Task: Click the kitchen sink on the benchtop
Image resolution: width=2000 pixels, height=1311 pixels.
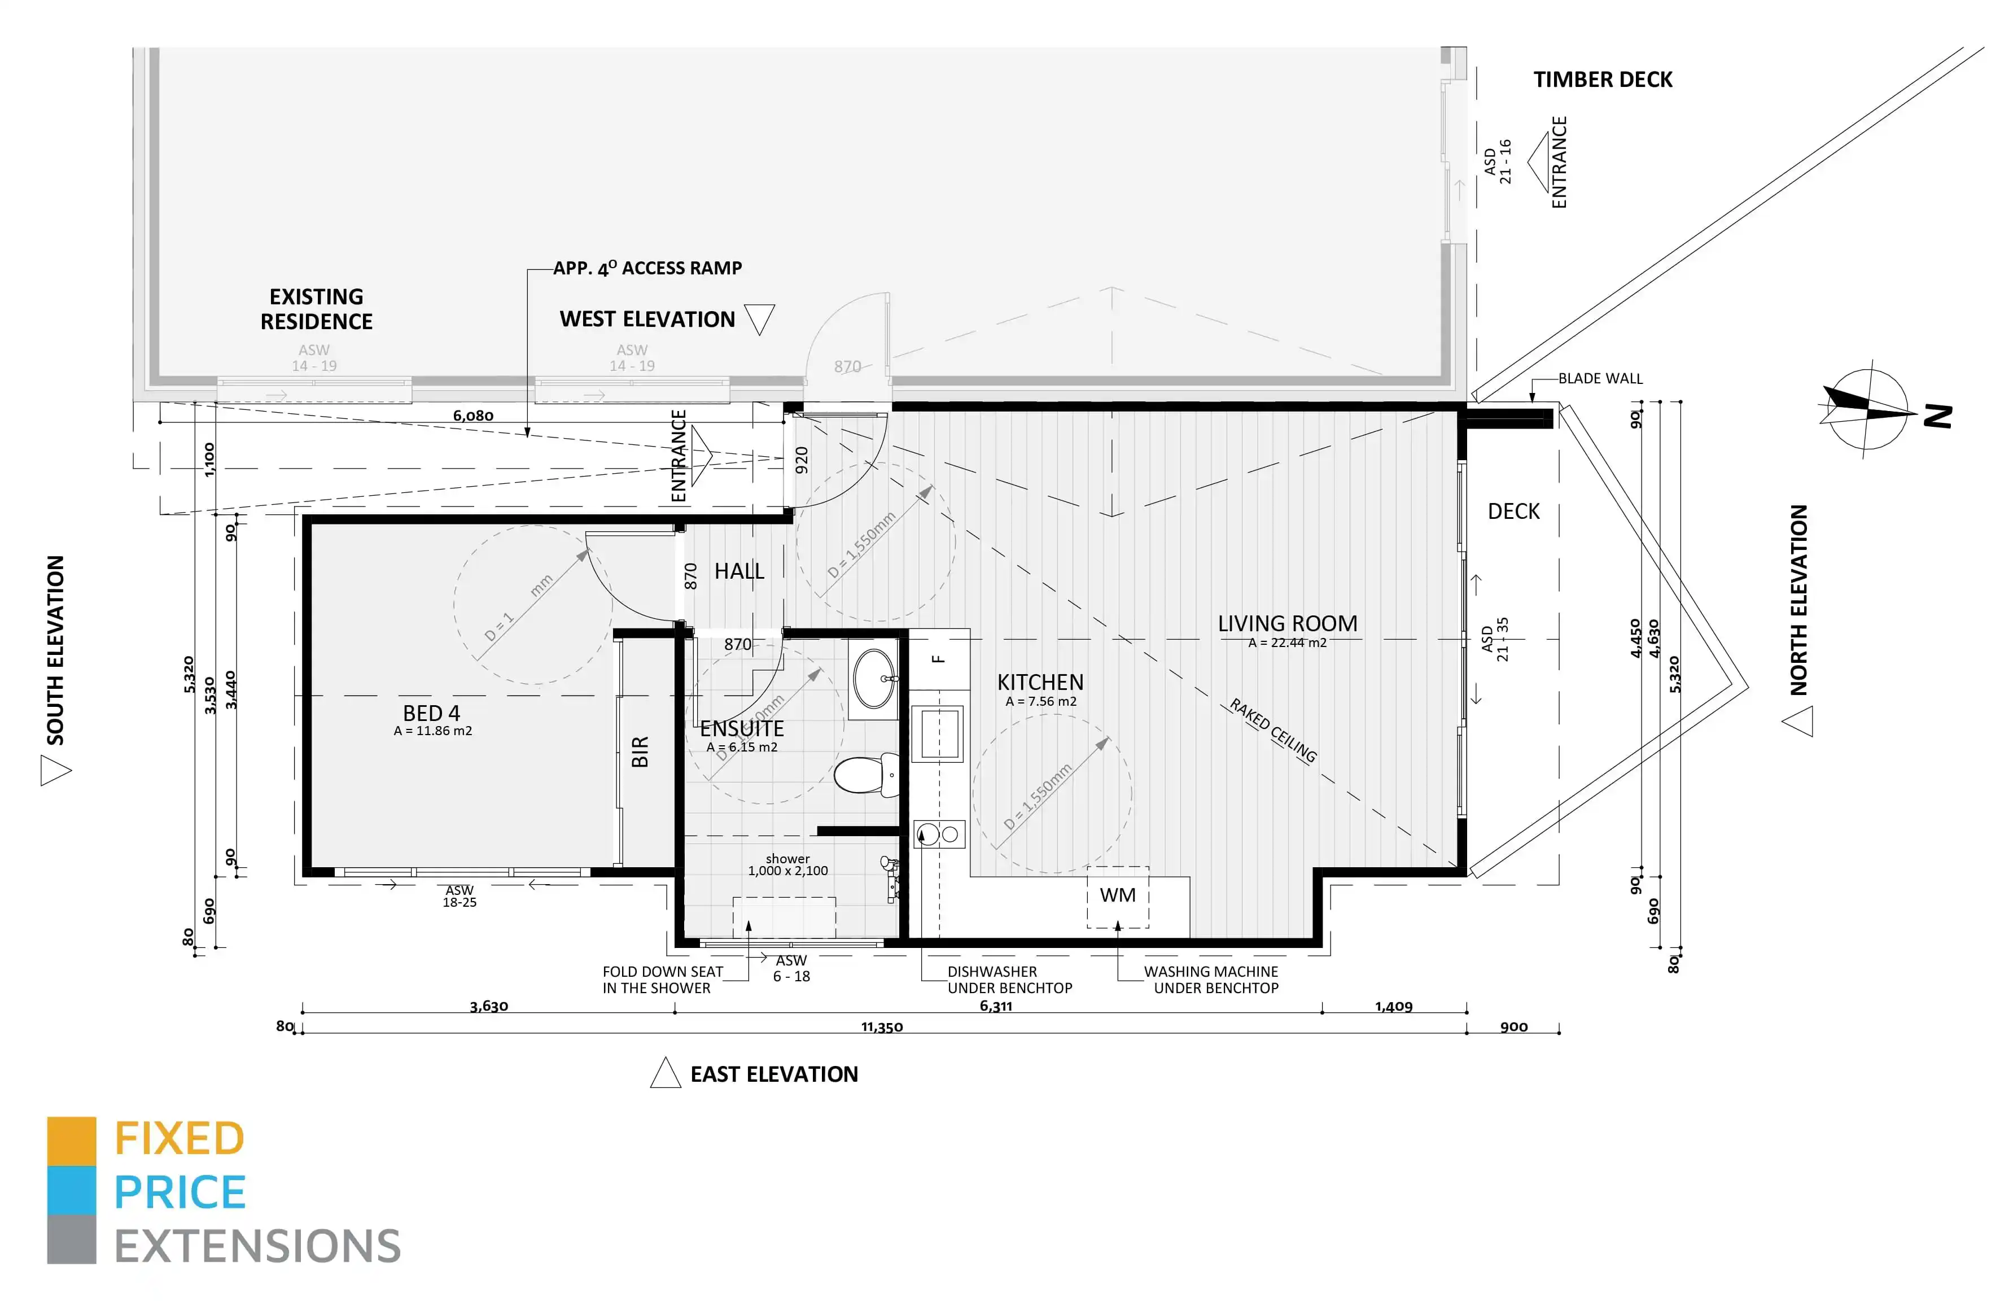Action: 940,733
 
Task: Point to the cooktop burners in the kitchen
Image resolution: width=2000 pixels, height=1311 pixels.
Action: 939,834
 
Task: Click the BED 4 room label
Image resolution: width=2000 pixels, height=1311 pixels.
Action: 431,714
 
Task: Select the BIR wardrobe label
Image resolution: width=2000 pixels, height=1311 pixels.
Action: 640,751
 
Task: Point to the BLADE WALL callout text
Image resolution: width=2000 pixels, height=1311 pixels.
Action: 1599,378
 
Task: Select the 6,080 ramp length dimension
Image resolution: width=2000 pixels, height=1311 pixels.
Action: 473,416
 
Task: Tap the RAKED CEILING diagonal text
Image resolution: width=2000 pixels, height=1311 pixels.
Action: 1273,730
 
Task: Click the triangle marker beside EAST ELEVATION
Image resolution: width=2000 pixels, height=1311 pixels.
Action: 665,1074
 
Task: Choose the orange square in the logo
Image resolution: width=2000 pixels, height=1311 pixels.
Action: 72,1140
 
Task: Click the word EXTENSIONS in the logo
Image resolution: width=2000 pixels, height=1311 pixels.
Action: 257,1246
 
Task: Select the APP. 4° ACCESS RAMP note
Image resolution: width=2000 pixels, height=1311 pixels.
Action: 647,268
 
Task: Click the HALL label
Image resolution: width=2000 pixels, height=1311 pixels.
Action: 739,571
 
